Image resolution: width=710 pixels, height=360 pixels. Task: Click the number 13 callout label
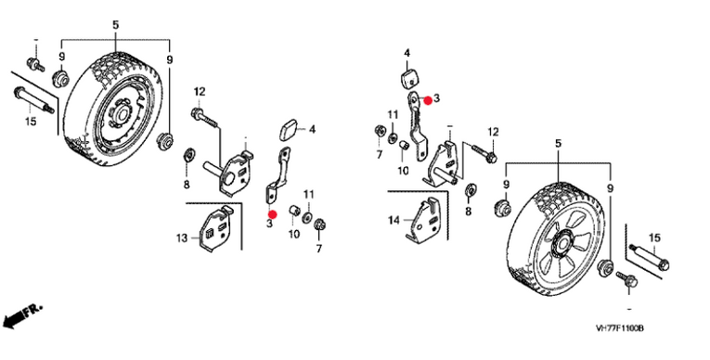(181, 238)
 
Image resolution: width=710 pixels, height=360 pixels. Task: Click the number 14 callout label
(394, 221)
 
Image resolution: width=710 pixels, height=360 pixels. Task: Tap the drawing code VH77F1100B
(619, 328)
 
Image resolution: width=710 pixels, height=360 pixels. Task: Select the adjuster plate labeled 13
(217, 228)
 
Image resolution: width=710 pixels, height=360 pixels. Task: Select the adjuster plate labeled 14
(425, 221)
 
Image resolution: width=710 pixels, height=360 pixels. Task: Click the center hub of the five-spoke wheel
(563, 244)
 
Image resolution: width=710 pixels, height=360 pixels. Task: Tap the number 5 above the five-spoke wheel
(558, 144)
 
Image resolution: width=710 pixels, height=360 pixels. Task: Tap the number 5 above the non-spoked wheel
(115, 25)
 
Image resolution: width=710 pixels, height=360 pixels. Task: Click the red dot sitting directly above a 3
(272, 213)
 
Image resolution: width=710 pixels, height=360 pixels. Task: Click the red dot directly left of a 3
(427, 100)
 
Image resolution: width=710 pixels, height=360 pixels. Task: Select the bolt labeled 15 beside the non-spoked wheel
(35, 98)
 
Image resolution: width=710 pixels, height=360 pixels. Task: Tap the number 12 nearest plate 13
(200, 92)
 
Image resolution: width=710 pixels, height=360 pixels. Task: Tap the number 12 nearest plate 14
(493, 132)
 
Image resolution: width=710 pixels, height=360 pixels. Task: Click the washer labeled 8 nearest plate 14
(470, 189)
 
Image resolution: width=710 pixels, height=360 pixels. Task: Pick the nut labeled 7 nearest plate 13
(320, 224)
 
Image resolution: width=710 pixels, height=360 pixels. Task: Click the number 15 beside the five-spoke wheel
(654, 238)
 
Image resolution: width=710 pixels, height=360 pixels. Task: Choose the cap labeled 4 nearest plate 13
(289, 130)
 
